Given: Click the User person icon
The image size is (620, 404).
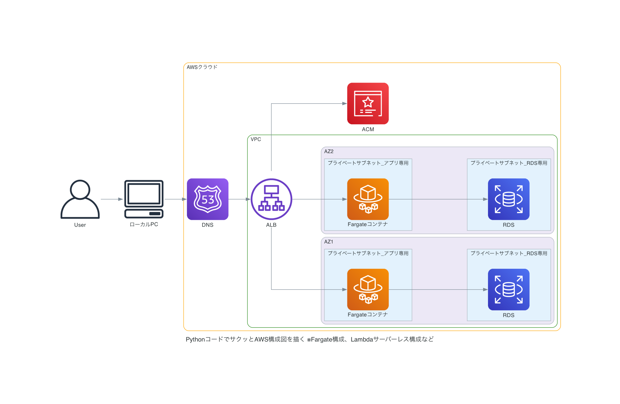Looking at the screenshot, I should [x=80, y=199].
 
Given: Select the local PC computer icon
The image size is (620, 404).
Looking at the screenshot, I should [x=144, y=199].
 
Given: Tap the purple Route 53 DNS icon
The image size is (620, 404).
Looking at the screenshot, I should [x=208, y=199].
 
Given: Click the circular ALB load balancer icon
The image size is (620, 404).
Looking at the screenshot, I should [x=271, y=199].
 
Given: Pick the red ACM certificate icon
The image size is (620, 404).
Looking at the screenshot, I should [x=368, y=103].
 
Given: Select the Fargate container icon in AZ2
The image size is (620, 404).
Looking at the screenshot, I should [x=368, y=199].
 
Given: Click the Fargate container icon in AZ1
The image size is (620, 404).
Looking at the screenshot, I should [x=368, y=290].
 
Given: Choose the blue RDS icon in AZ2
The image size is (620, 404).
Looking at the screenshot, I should [x=508, y=199].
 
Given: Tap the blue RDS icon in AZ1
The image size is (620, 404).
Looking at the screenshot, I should [x=508, y=290].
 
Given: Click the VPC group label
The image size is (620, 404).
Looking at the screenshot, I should [x=256, y=139].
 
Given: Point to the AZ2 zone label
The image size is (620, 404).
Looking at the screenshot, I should [x=329, y=151].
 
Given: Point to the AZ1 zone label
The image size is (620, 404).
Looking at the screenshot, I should [x=329, y=242].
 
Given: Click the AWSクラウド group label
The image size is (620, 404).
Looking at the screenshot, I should [x=202, y=67].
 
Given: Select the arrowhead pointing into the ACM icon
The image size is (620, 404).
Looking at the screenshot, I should [x=345, y=104].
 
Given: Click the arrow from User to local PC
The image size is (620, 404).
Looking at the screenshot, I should [x=112, y=199].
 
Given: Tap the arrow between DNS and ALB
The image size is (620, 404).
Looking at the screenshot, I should [x=239, y=199].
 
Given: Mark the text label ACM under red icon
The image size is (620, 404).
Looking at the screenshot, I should [x=368, y=129].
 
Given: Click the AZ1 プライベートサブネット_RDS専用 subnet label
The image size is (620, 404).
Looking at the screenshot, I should [x=509, y=253].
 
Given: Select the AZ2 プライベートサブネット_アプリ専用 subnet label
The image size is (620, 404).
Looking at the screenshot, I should [x=368, y=163].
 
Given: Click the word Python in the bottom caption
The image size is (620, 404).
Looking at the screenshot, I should [x=195, y=339].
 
